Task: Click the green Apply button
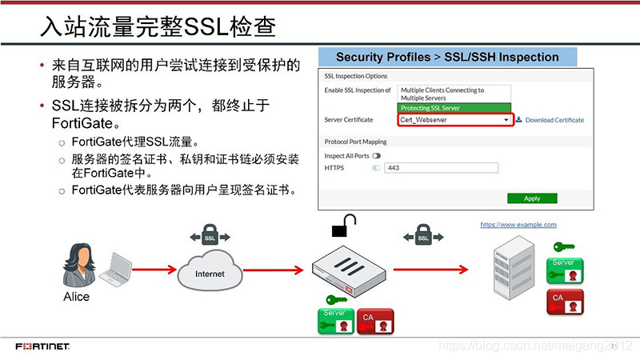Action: click(531, 198)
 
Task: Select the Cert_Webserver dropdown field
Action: click(455, 120)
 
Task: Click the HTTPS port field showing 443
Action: click(440, 168)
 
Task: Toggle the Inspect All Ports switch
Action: click(376, 155)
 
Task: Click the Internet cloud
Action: click(210, 272)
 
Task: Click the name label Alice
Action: click(77, 297)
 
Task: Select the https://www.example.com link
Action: click(518, 225)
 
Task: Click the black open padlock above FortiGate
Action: click(343, 226)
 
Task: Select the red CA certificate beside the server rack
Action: click(566, 302)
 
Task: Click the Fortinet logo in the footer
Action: click(42, 347)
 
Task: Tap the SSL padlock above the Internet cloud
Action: click(210, 237)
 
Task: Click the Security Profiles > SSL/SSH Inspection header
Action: click(447, 58)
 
